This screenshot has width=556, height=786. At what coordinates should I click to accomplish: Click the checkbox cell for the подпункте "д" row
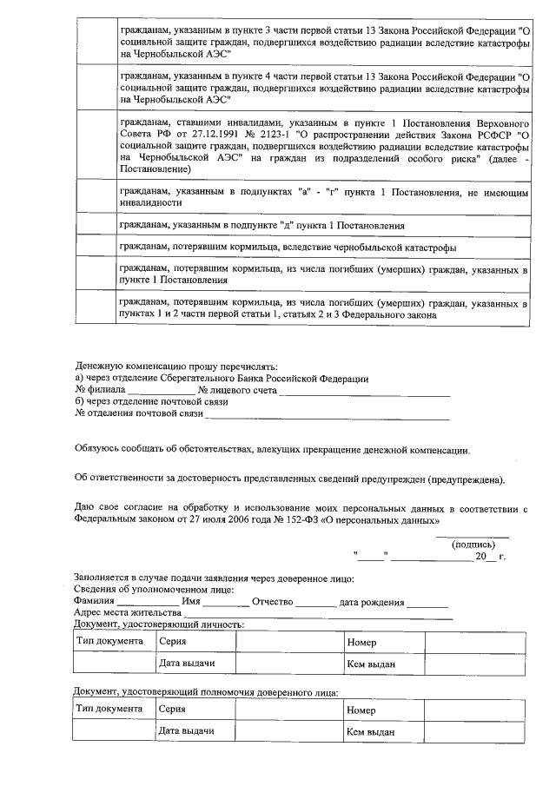click(x=94, y=225)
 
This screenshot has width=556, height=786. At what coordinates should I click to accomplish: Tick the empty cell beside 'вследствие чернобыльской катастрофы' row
click(x=94, y=247)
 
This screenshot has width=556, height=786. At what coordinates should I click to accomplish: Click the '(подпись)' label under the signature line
click(x=473, y=544)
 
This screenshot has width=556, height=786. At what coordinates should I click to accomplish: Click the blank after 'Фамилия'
click(x=148, y=603)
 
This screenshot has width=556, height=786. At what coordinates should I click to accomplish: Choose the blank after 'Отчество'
click(x=309, y=603)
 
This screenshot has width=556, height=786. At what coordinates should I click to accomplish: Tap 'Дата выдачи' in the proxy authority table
click(x=186, y=731)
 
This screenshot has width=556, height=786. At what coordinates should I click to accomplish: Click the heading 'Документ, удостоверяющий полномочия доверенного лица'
click(x=206, y=692)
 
